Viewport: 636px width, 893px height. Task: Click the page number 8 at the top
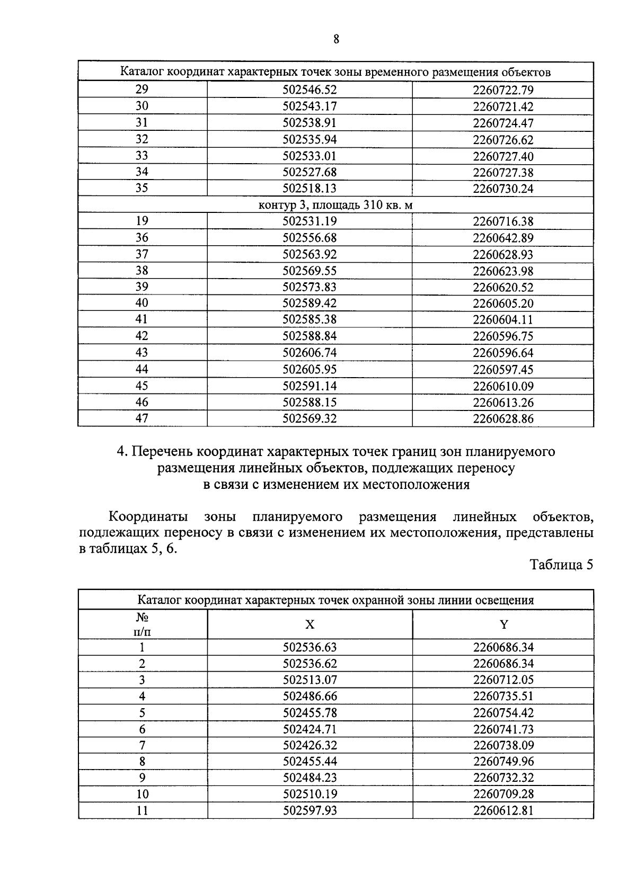[336, 39]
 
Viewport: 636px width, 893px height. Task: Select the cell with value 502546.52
[310, 90]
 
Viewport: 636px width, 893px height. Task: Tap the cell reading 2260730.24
[503, 189]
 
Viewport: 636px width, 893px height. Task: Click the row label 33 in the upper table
[142, 156]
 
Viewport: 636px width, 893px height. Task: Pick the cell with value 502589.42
[310, 303]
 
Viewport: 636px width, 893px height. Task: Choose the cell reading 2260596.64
[503, 353]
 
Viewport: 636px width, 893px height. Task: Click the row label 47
[142, 418]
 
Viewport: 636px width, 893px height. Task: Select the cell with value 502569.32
[310, 418]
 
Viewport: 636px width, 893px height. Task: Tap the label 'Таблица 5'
[561, 565]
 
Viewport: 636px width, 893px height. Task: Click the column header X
[310, 624]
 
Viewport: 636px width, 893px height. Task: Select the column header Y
[503, 624]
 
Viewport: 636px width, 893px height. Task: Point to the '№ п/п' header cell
[142, 624]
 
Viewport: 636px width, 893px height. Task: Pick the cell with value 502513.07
[310, 680]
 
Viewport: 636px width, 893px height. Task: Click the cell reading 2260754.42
[503, 713]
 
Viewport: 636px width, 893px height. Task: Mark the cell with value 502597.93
[310, 811]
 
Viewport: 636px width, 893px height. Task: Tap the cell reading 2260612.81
[503, 811]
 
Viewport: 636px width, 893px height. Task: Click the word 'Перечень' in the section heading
[162, 452]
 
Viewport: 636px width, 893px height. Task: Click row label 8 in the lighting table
[142, 762]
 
